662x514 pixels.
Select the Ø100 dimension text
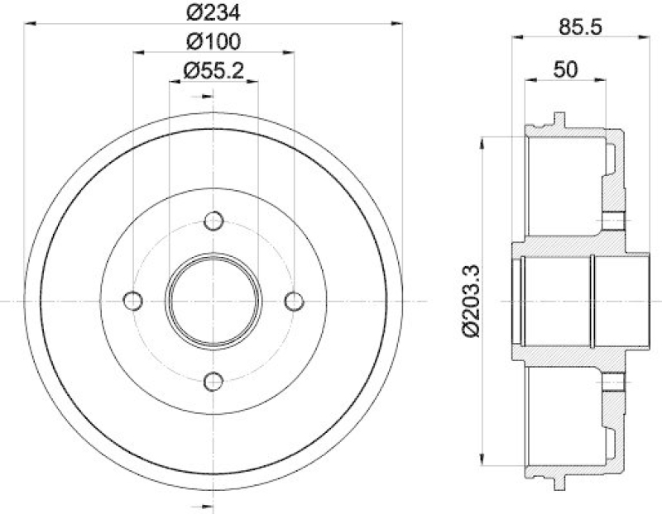point(213,41)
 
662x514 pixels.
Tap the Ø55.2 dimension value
point(213,70)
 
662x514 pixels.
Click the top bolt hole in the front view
point(213,221)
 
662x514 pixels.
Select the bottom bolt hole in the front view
point(213,381)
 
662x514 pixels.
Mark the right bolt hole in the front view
point(294,300)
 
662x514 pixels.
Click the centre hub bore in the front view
point(213,300)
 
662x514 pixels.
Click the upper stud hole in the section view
point(613,221)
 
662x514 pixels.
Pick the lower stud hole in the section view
point(613,381)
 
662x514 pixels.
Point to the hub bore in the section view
point(559,300)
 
